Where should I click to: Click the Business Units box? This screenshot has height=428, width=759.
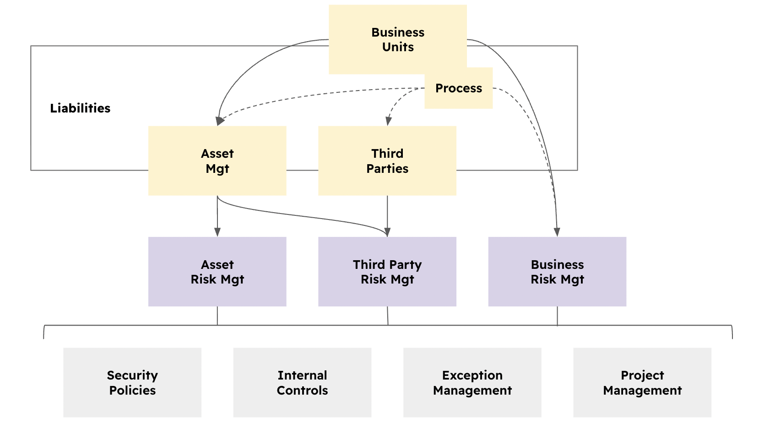tap(397, 39)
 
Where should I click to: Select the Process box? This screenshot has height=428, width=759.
tap(458, 88)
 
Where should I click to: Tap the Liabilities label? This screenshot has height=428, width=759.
tap(80, 108)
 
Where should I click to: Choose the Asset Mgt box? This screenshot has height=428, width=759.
tap(217, 161)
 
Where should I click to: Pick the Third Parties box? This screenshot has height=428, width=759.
tap(387, 161)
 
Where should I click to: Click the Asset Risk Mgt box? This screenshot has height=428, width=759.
tap(217, 272)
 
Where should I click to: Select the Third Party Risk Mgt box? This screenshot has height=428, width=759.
tap(387, 272)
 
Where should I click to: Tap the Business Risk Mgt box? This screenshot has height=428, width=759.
tap(557, 272)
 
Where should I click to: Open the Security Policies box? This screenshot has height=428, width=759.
tap(132, 383)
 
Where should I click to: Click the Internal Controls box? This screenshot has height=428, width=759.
tap(302, 383)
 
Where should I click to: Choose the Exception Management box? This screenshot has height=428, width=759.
tap(472, 383)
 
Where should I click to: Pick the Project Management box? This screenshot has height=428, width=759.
tap(642, 383)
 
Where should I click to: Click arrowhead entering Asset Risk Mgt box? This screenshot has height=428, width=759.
tap(217, 232)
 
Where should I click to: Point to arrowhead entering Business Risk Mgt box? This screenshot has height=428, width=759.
tap(557, 232)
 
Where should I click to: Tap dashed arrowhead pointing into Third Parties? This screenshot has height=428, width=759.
tap(388, 121)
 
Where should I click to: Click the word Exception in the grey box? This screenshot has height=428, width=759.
tap(472, 375)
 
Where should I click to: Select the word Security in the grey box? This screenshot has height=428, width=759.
tap(132, 375)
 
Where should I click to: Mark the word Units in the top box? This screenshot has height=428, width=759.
tap(398, 47)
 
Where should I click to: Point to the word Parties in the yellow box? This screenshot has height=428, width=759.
tap(387, 169)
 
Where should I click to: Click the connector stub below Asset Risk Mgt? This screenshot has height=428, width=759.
tap(217, 316)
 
